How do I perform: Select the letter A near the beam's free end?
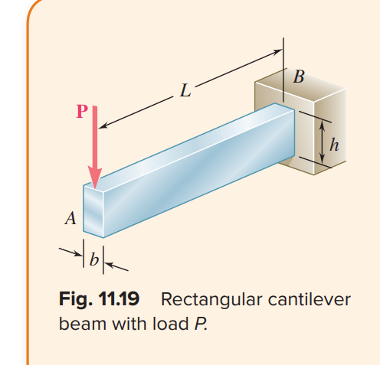[70, 220]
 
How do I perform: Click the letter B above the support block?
[299, 77]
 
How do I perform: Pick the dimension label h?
[333, 142]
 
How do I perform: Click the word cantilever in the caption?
[308, 298]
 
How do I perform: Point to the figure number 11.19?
[123, 298]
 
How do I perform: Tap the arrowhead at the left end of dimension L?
[105, 125]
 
